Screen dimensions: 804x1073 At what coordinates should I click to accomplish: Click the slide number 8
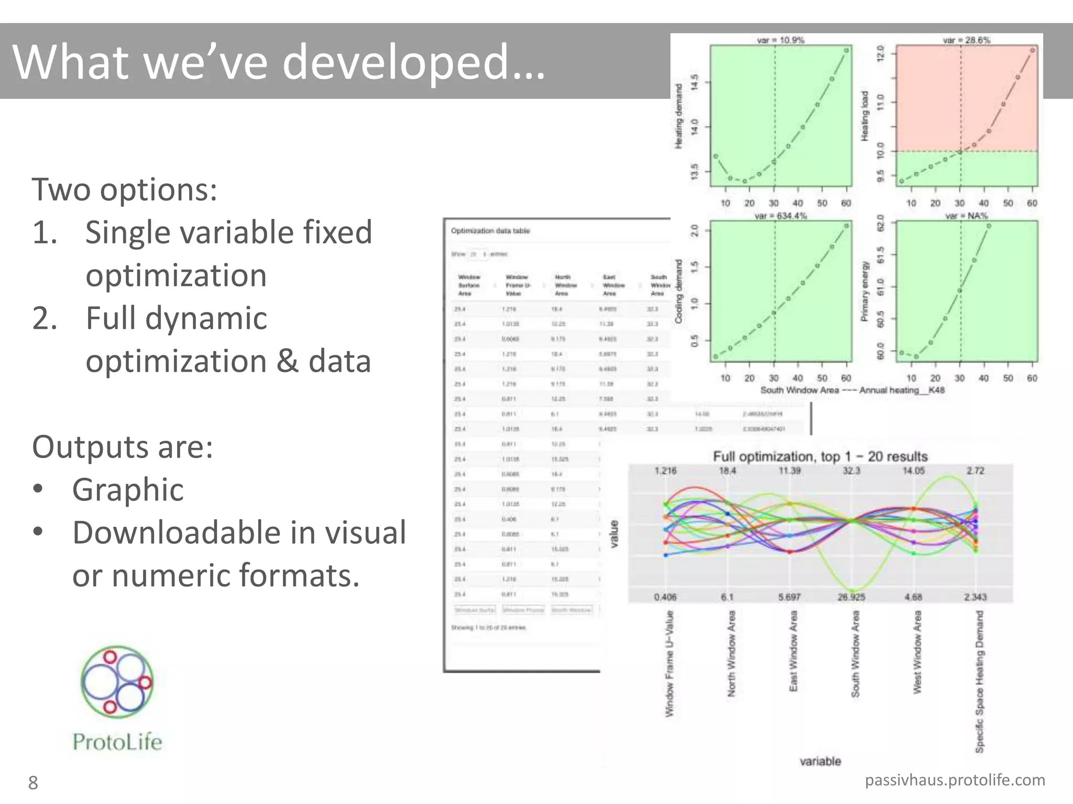pyautogui.click(x=33, y=783)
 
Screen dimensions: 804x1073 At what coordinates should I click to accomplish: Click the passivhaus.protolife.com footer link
pyautogui.click(x=955, y=780)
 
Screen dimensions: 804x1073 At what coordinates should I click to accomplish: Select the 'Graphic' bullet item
pyautogui.click(x=128, y=490)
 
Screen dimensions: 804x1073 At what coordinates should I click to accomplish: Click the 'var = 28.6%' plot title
pyautogui.click(x=966, y=40)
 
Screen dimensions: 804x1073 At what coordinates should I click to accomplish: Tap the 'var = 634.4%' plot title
pyautogui.click(x=780, y=216)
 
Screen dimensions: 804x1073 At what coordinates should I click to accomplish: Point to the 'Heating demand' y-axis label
pyautogui.click(x=679, y=116)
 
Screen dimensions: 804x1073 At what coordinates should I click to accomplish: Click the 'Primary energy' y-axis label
pyautogui.click(x=865, y=291)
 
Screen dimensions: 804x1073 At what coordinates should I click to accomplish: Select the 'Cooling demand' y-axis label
pyautogui.click(x=679, y=291)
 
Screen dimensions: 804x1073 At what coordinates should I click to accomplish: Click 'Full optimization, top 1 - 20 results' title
pyautogui.click(x=820, y=456)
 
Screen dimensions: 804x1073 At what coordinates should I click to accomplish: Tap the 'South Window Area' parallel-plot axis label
pyautogui.click(x=856, y=654)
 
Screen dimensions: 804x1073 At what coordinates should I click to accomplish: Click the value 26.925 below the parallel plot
pyautogui.click(x=851, y=597)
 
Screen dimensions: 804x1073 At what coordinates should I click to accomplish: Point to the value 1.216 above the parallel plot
pyautogui.click(x=665, y=471)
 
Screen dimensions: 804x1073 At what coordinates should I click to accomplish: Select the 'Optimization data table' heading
pyautogui.click(x=490, y=231)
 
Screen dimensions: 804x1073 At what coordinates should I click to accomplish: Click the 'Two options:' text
pyautogui.click(x=124, y=189)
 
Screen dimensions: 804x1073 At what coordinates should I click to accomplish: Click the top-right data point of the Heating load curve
pyautogui.click(x=1032, y=50)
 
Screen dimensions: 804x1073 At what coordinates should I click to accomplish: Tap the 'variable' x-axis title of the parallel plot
pyautogui.click(x=820, y=762)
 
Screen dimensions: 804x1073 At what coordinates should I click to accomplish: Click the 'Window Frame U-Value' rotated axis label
pyautogui.click(x=670, y=664)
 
